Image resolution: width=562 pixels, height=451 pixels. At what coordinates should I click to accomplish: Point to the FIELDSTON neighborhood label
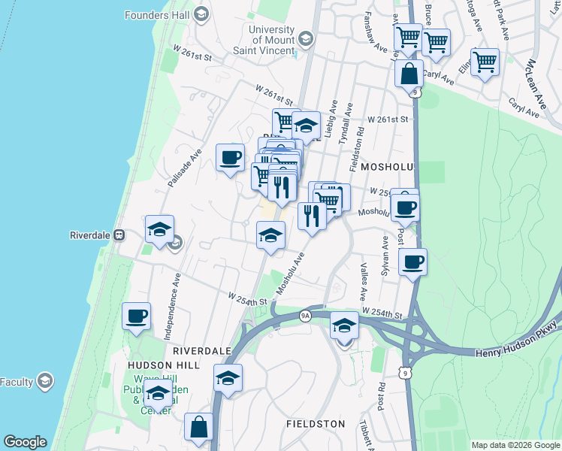(316, 424)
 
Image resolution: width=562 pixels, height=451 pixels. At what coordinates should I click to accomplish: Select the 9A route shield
(305, 315)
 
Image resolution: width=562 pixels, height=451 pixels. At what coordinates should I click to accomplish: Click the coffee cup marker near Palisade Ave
(230, 158)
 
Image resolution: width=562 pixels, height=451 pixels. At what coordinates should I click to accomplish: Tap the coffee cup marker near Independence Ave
(136, 316)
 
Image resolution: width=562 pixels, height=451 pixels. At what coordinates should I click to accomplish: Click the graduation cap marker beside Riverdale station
(159, 229)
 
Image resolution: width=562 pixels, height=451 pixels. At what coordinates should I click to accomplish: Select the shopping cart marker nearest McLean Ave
(485, 62)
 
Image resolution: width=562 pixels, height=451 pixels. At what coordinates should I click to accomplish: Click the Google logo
(25, 442)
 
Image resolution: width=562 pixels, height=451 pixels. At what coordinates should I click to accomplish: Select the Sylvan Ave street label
(385, 256)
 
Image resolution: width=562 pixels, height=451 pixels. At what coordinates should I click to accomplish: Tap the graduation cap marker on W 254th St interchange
(344, 325)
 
